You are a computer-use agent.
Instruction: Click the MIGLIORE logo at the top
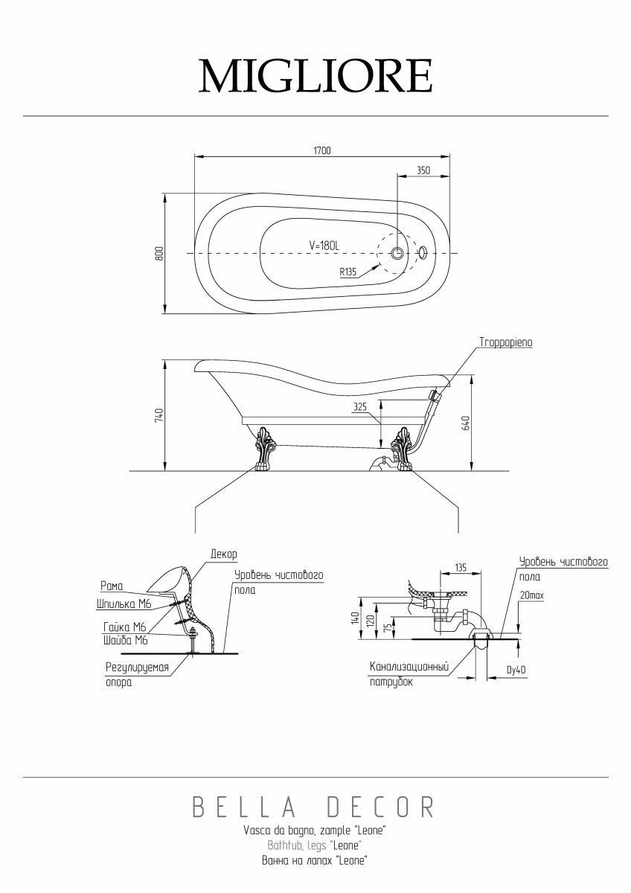(315, 76)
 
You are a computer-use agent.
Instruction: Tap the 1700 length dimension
(322, 150)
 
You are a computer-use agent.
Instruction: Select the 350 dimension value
(423, 170)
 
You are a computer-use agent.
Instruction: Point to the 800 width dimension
(159, 254)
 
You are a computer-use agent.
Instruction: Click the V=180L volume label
(324, 246)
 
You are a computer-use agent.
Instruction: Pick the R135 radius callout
(348, 272)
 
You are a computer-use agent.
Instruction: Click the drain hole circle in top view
(397, 253)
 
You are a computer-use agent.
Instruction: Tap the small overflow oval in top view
(423, 252)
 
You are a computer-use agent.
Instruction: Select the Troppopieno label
(506, 342)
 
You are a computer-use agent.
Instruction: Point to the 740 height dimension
(159, 415)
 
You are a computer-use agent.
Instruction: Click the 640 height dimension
(466, 423)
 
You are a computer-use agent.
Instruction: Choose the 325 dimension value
(360, 407)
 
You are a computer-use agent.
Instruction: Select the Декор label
(224, 554)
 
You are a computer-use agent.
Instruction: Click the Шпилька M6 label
(124, 604)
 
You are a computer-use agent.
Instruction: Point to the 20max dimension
(532, 595)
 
